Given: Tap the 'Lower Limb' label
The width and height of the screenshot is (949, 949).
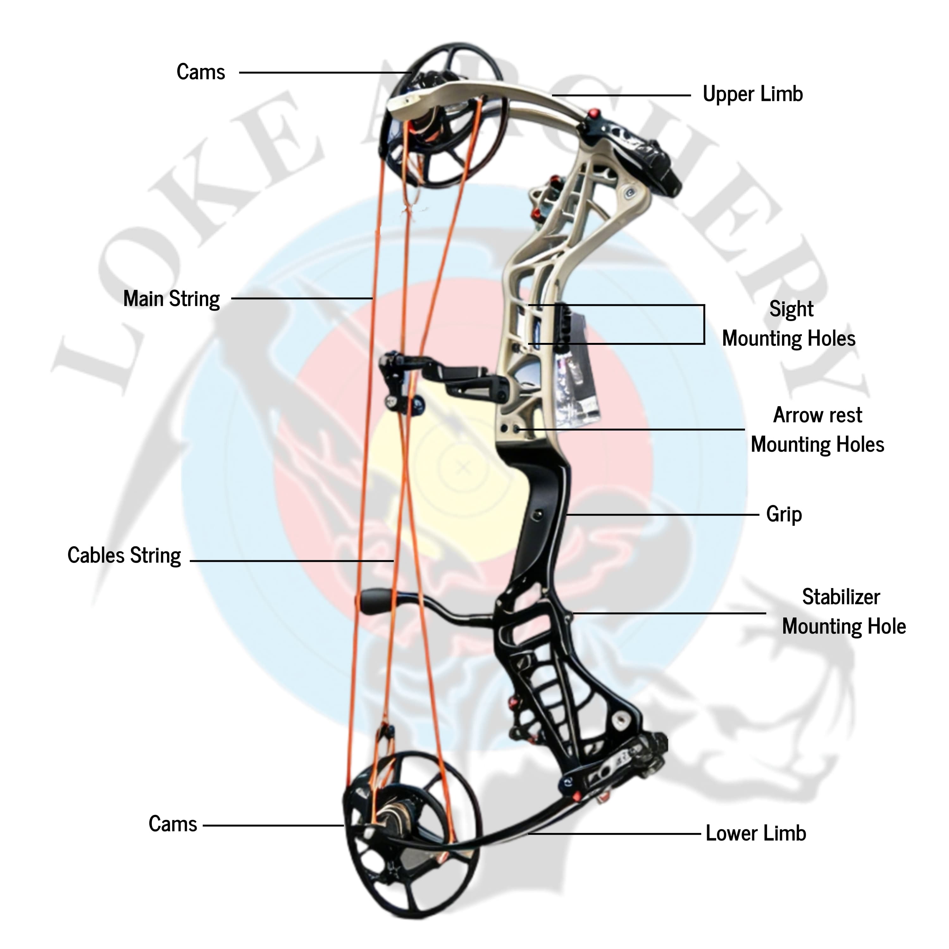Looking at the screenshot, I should pos(755,834).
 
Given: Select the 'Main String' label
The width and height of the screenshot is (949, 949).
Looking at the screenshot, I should pos(171,299).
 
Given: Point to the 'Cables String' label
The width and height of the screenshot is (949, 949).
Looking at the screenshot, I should pos(124,555).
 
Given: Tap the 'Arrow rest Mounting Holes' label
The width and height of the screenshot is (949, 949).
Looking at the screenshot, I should pos(817,430).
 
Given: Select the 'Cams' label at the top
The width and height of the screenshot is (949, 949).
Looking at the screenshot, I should pos(201,72).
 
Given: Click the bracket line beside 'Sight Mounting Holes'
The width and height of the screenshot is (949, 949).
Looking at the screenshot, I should pos(704,324).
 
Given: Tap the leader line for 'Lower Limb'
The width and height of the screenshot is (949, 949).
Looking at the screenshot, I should pos(614,834).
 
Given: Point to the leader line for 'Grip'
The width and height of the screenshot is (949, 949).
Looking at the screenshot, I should pos(663,515).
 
